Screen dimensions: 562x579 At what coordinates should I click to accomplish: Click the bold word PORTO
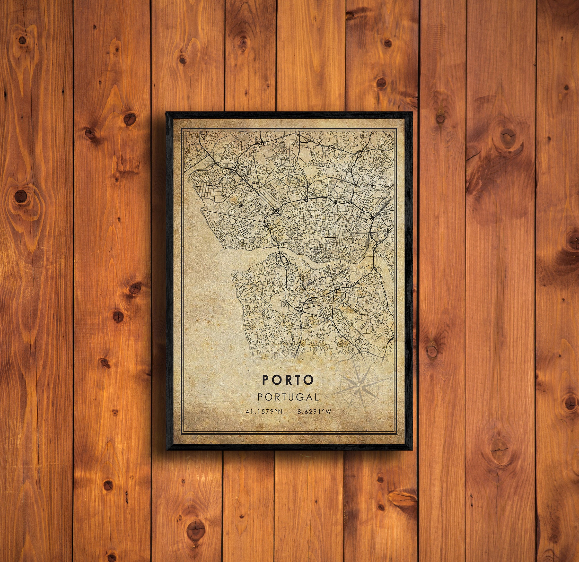point(287,380)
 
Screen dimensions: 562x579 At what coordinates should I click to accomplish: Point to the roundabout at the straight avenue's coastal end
point(202,210)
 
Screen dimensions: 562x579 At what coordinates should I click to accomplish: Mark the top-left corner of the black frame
point(166,113)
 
